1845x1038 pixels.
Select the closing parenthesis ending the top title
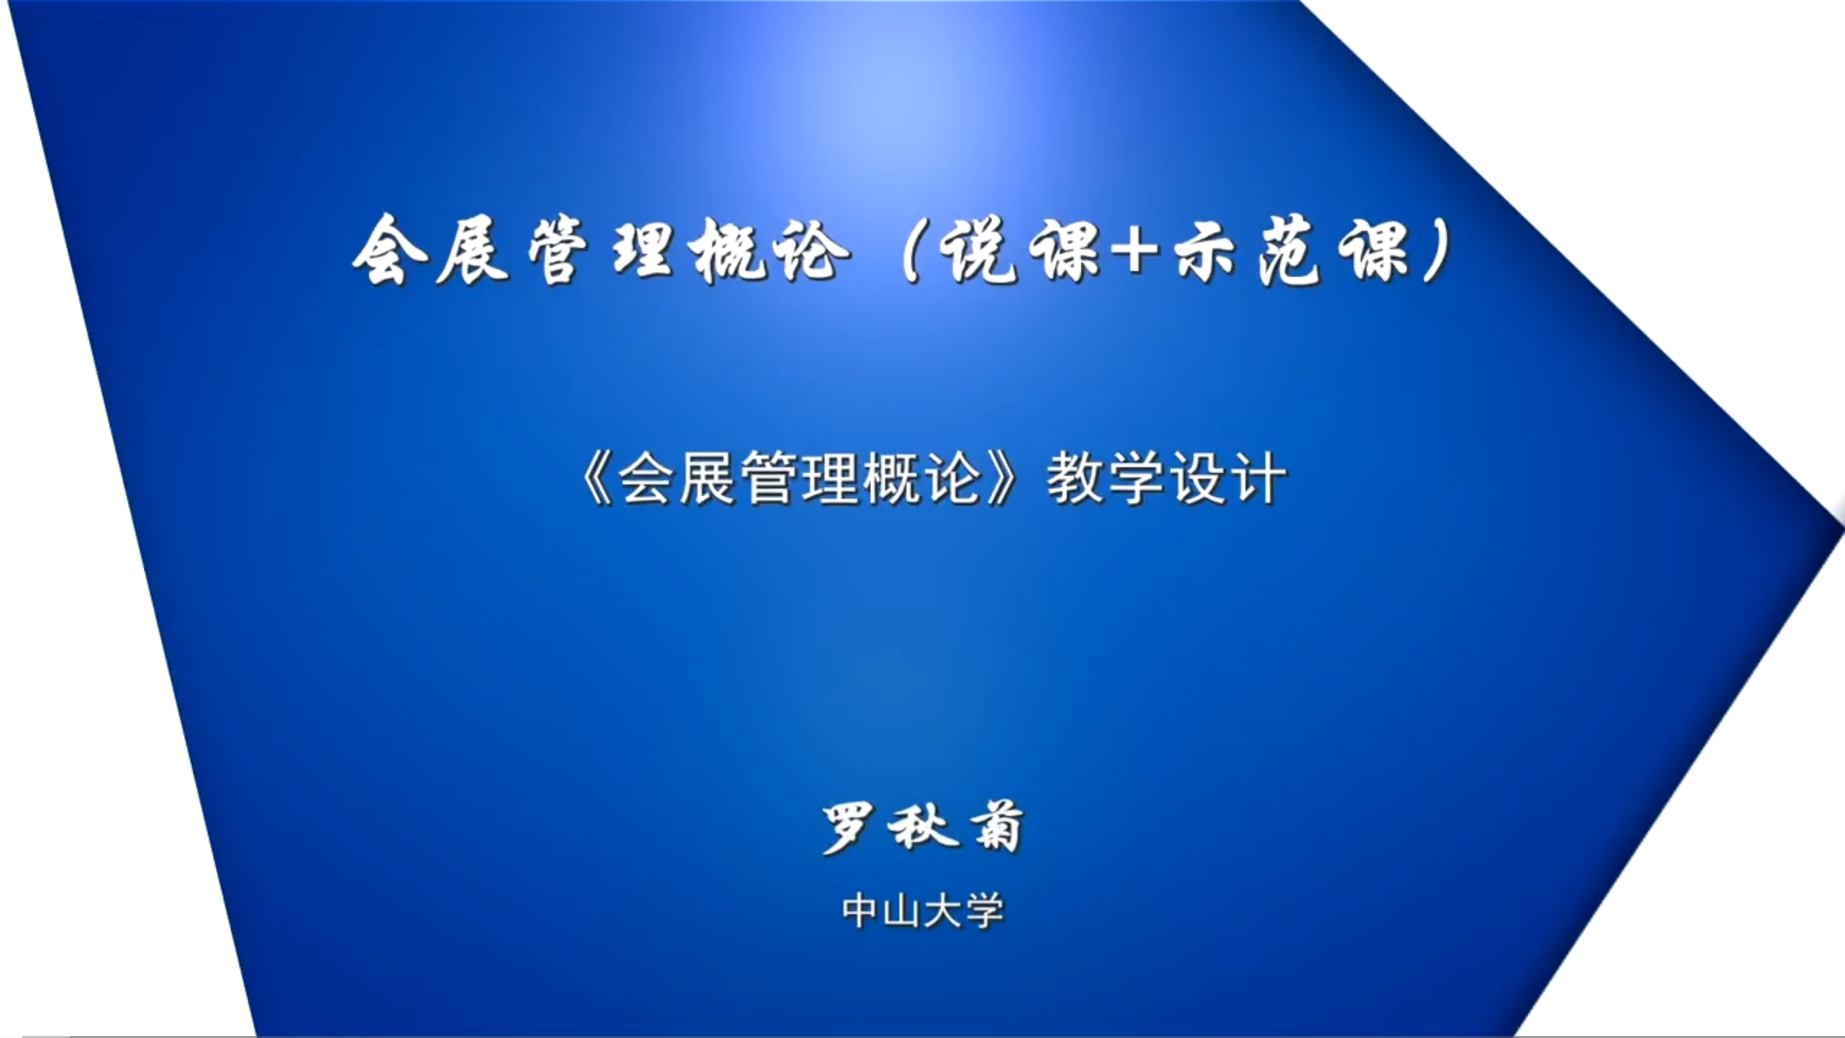click(x=1439, y=251)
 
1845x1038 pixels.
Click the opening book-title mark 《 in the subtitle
click(x=596, y=478)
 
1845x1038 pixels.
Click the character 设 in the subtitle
click(x=1198, y=478)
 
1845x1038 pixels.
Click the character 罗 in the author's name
click(x=849, y=828)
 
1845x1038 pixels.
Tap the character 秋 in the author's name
click(x=922, y=828)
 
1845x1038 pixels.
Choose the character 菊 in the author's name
click(x=996, y=828)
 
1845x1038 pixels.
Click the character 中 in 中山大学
click(x=861, y=911)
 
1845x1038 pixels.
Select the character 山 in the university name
click(x=901, y=911)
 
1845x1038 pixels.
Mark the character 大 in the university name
click(x=943, y=911)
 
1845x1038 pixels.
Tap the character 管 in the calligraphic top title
click(x=557, y=251)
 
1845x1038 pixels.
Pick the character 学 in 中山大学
click(x=984, y=911)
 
